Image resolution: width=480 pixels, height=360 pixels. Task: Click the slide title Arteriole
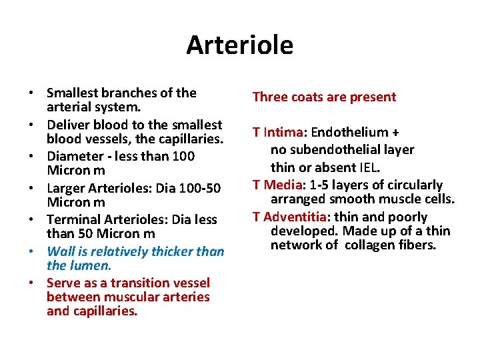[x=239, y=45]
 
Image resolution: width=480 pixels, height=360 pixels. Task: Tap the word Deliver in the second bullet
[x=67, y=125]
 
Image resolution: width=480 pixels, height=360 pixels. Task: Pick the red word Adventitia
[x=295, y=217]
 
